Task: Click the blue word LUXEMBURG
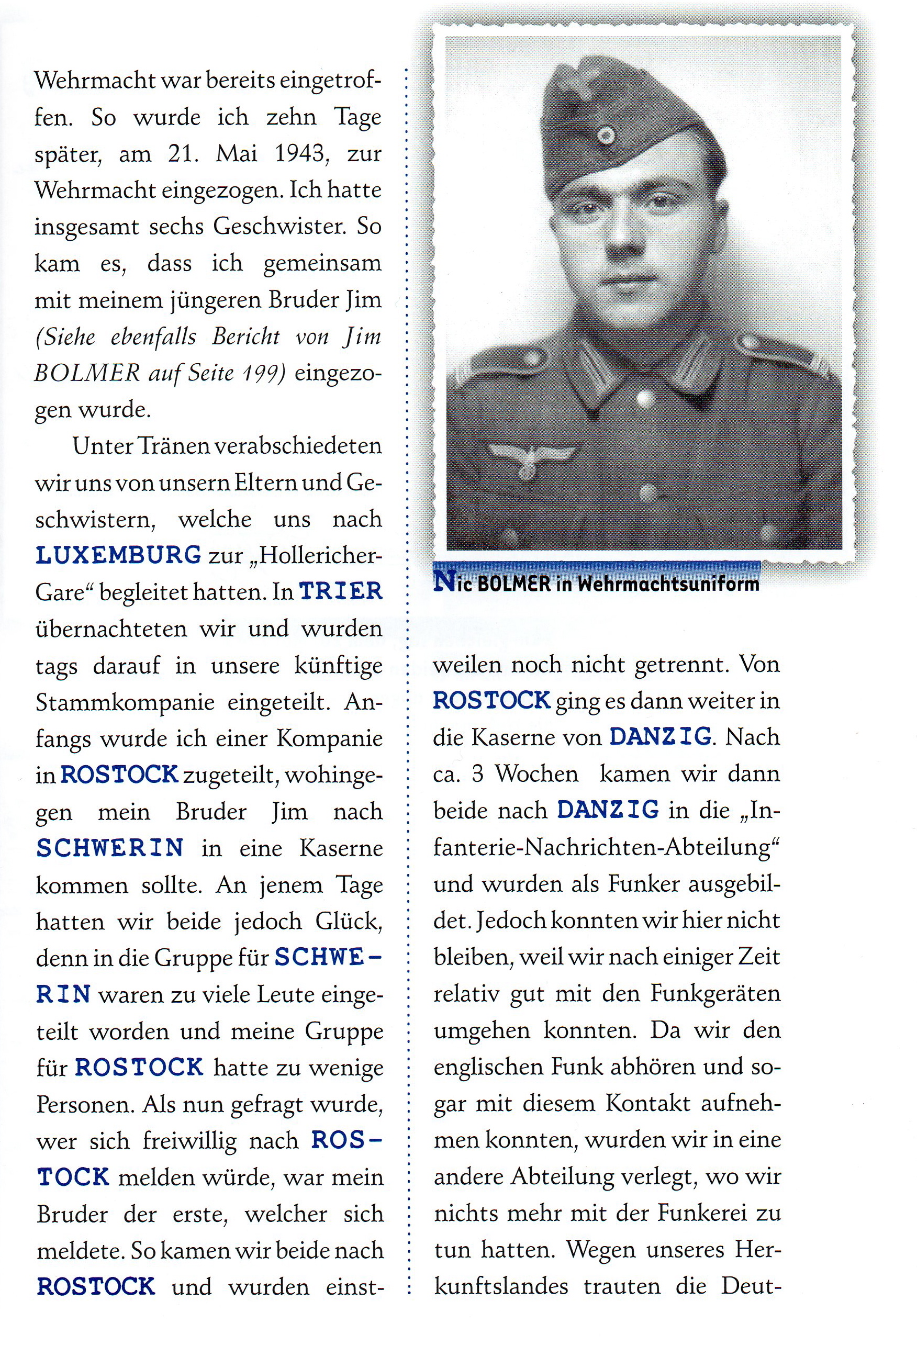pos(118,555)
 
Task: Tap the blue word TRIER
pos(341,591)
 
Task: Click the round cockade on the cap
pos(606,136)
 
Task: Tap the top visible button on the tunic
pos(644,398)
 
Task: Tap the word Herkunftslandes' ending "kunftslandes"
pos(498,1286)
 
